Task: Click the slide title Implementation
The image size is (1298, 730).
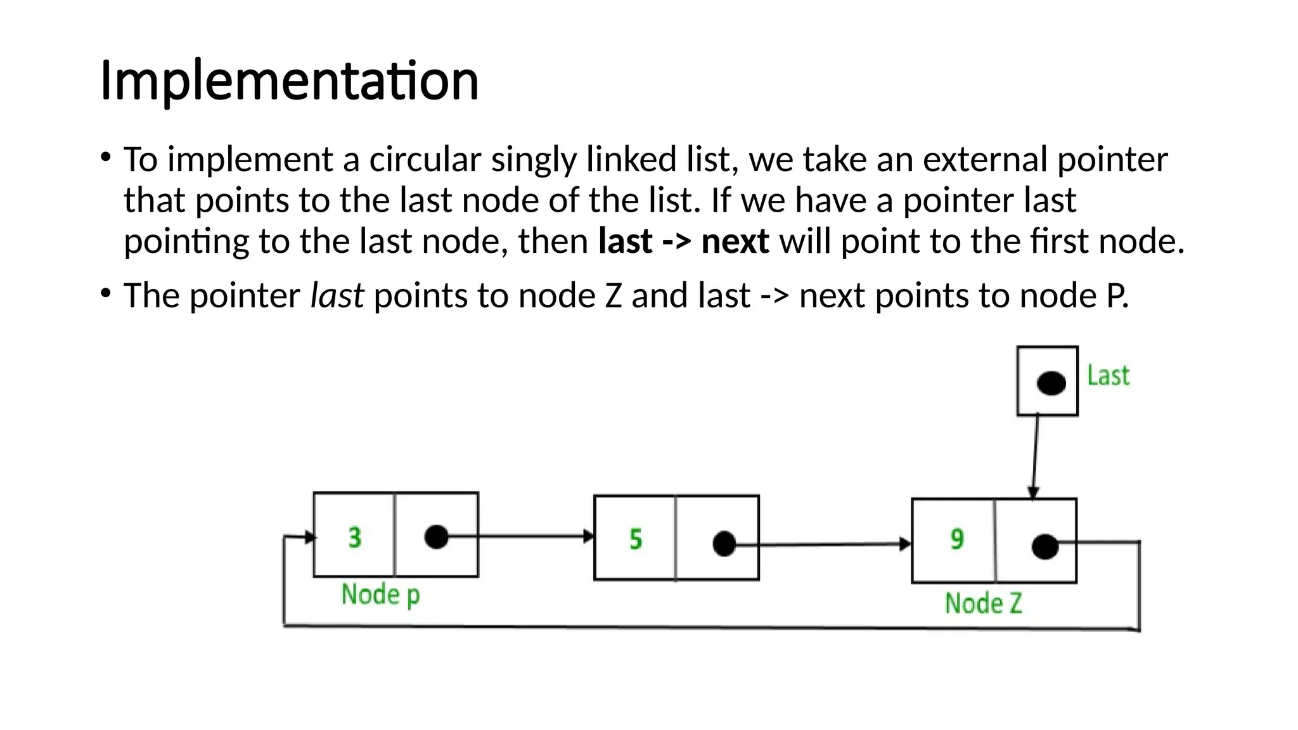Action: [289, 80]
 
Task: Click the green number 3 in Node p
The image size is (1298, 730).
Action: [355, 537]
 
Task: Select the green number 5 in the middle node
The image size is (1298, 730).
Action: [636, 539]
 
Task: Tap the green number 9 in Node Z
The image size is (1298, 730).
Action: [957, 539]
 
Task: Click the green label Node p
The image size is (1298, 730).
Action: [380, 595]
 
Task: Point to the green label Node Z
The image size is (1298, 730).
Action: [983, 603]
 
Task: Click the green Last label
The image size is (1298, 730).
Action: [1108, 376]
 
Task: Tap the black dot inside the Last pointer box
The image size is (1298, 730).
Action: [1051, 383]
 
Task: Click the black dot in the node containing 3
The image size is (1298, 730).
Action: [436, 537]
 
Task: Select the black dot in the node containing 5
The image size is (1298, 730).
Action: [724, 544]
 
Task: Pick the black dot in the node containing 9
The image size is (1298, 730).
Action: [1044, 546]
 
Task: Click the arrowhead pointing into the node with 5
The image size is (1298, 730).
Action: [589, 537]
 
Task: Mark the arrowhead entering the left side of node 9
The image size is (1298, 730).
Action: [906, 544]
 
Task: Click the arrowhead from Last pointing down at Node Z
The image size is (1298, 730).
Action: [1033, 492]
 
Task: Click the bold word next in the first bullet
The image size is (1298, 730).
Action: [735, 241]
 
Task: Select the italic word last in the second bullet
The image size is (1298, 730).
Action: [337, 295]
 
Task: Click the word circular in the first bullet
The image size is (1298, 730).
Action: [425, 159]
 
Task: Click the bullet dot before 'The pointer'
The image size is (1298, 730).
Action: [106, 293]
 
